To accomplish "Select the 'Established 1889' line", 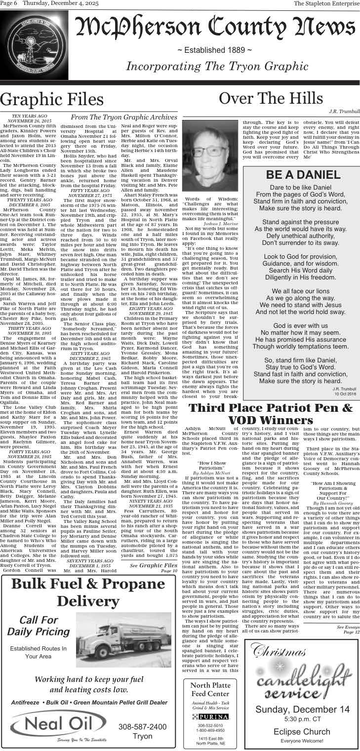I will (x=214, y=50).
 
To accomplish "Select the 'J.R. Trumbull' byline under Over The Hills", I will (x=344, y=112).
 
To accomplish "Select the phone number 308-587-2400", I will (x=142, y=726).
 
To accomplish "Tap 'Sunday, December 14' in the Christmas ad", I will (x=302, y=709).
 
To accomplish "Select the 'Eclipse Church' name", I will (x=302, y=731).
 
